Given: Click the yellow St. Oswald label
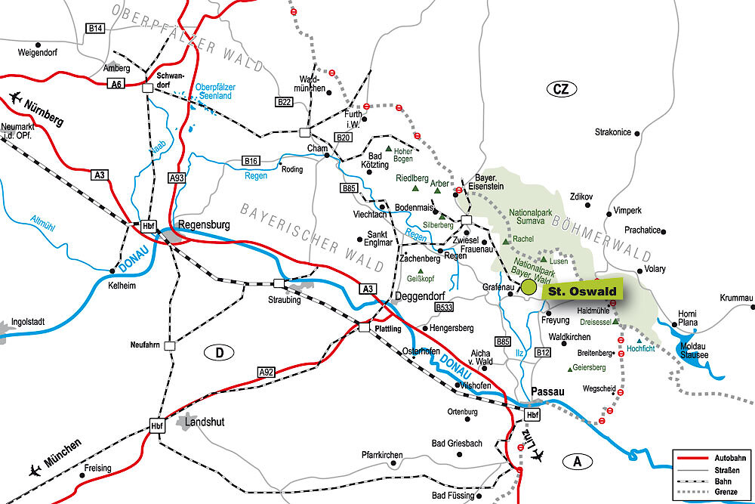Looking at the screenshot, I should tap(581, 292).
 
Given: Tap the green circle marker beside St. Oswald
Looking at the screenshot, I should tap(528, 287).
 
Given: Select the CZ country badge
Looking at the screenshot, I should tap(559, 90).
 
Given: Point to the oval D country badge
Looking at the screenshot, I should tap(219, 352).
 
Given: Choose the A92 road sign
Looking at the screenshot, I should tap(266, 372).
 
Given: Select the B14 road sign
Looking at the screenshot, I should tap(94, 28).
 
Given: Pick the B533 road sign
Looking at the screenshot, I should tap(444, 307).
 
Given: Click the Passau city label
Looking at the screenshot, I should tap(548, 391).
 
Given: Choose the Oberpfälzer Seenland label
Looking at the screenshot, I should tap(214, 91).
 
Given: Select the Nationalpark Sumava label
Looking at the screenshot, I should tap(532, 217).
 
